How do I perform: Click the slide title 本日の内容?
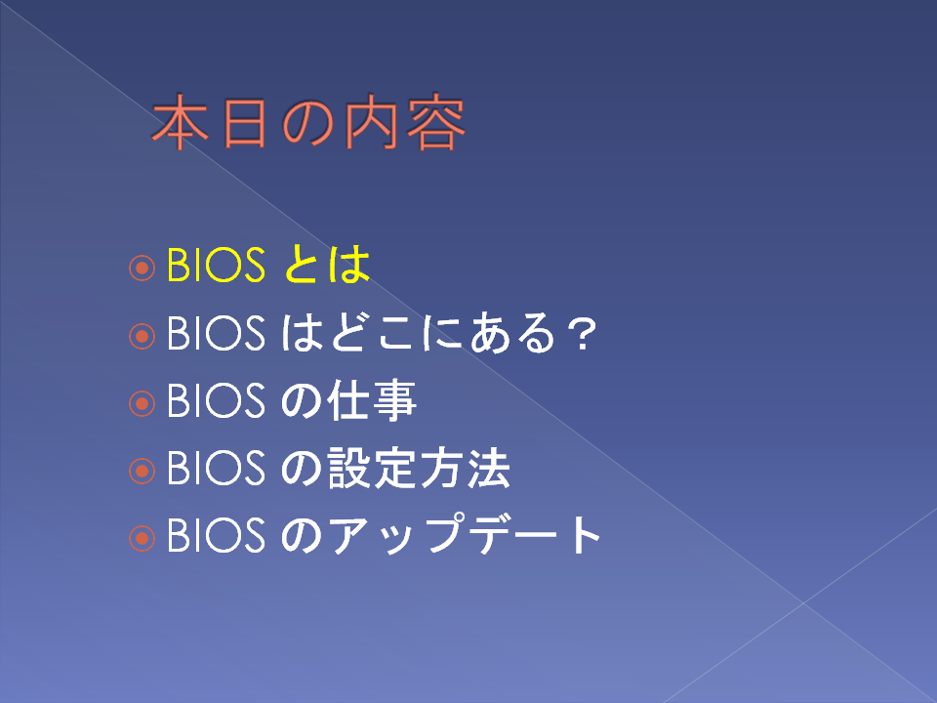(x=308, y=122)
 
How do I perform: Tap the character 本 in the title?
(x=181, y=122)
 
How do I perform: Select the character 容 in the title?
(x=435, y=122)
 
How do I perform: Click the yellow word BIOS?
(x=216, y=265)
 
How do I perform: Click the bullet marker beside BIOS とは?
(x=142, y=268)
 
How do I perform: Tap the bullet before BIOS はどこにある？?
(x=142, y=336)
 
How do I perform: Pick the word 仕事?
(x=372, y=400)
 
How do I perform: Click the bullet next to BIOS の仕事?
(x=142, y=403)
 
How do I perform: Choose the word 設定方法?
(x=419, y=468)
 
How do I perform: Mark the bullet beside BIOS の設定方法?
(x=142, y=471)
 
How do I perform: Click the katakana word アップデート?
(x=465, y=534)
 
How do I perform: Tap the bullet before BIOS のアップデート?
(x=142, y=539)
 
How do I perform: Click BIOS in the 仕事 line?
(x=216, y=400)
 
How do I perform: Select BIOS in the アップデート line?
(x=216, y=535)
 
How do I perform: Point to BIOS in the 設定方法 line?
(x=216, y=468)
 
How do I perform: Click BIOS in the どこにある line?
(x=216, y=332)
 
